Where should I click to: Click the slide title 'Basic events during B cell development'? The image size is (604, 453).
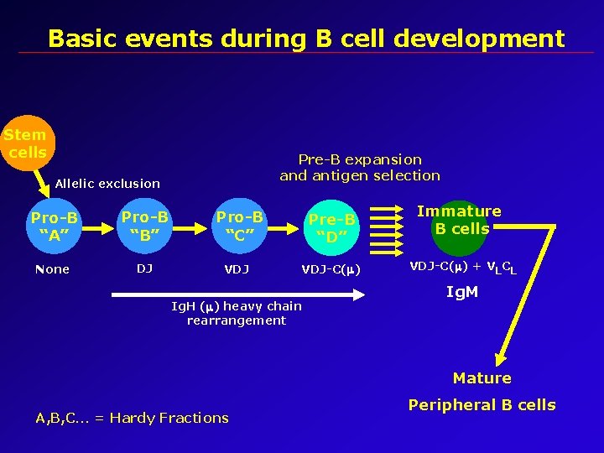click(x=306, y=39)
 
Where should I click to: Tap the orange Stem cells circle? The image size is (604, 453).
click(x=25, y=143)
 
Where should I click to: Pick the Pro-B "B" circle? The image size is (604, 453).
click(x=145, y=226)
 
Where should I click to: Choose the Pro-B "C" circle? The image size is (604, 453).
click(x=239, y=226)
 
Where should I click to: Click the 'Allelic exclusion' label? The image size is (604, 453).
click(x=107, y=183)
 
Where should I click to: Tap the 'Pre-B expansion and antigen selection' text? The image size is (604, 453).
click(x=360, y=167)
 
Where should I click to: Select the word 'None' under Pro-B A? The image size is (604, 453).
click(x=52, y=269)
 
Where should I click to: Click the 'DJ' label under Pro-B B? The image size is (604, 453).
click(x=144, y=268)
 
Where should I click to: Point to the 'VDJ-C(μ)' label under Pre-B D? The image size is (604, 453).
click(x=331, y=269)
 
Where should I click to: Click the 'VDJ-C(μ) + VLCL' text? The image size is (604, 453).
click(x=462, y=267)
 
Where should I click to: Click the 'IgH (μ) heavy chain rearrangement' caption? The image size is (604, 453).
click(x=236, y=313)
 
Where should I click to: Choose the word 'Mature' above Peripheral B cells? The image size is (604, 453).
click(x=482, y=378)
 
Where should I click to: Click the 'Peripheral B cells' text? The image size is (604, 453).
click(x=482, y=404)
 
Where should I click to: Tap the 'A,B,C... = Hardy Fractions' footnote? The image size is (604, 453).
click(x=132, y=418)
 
